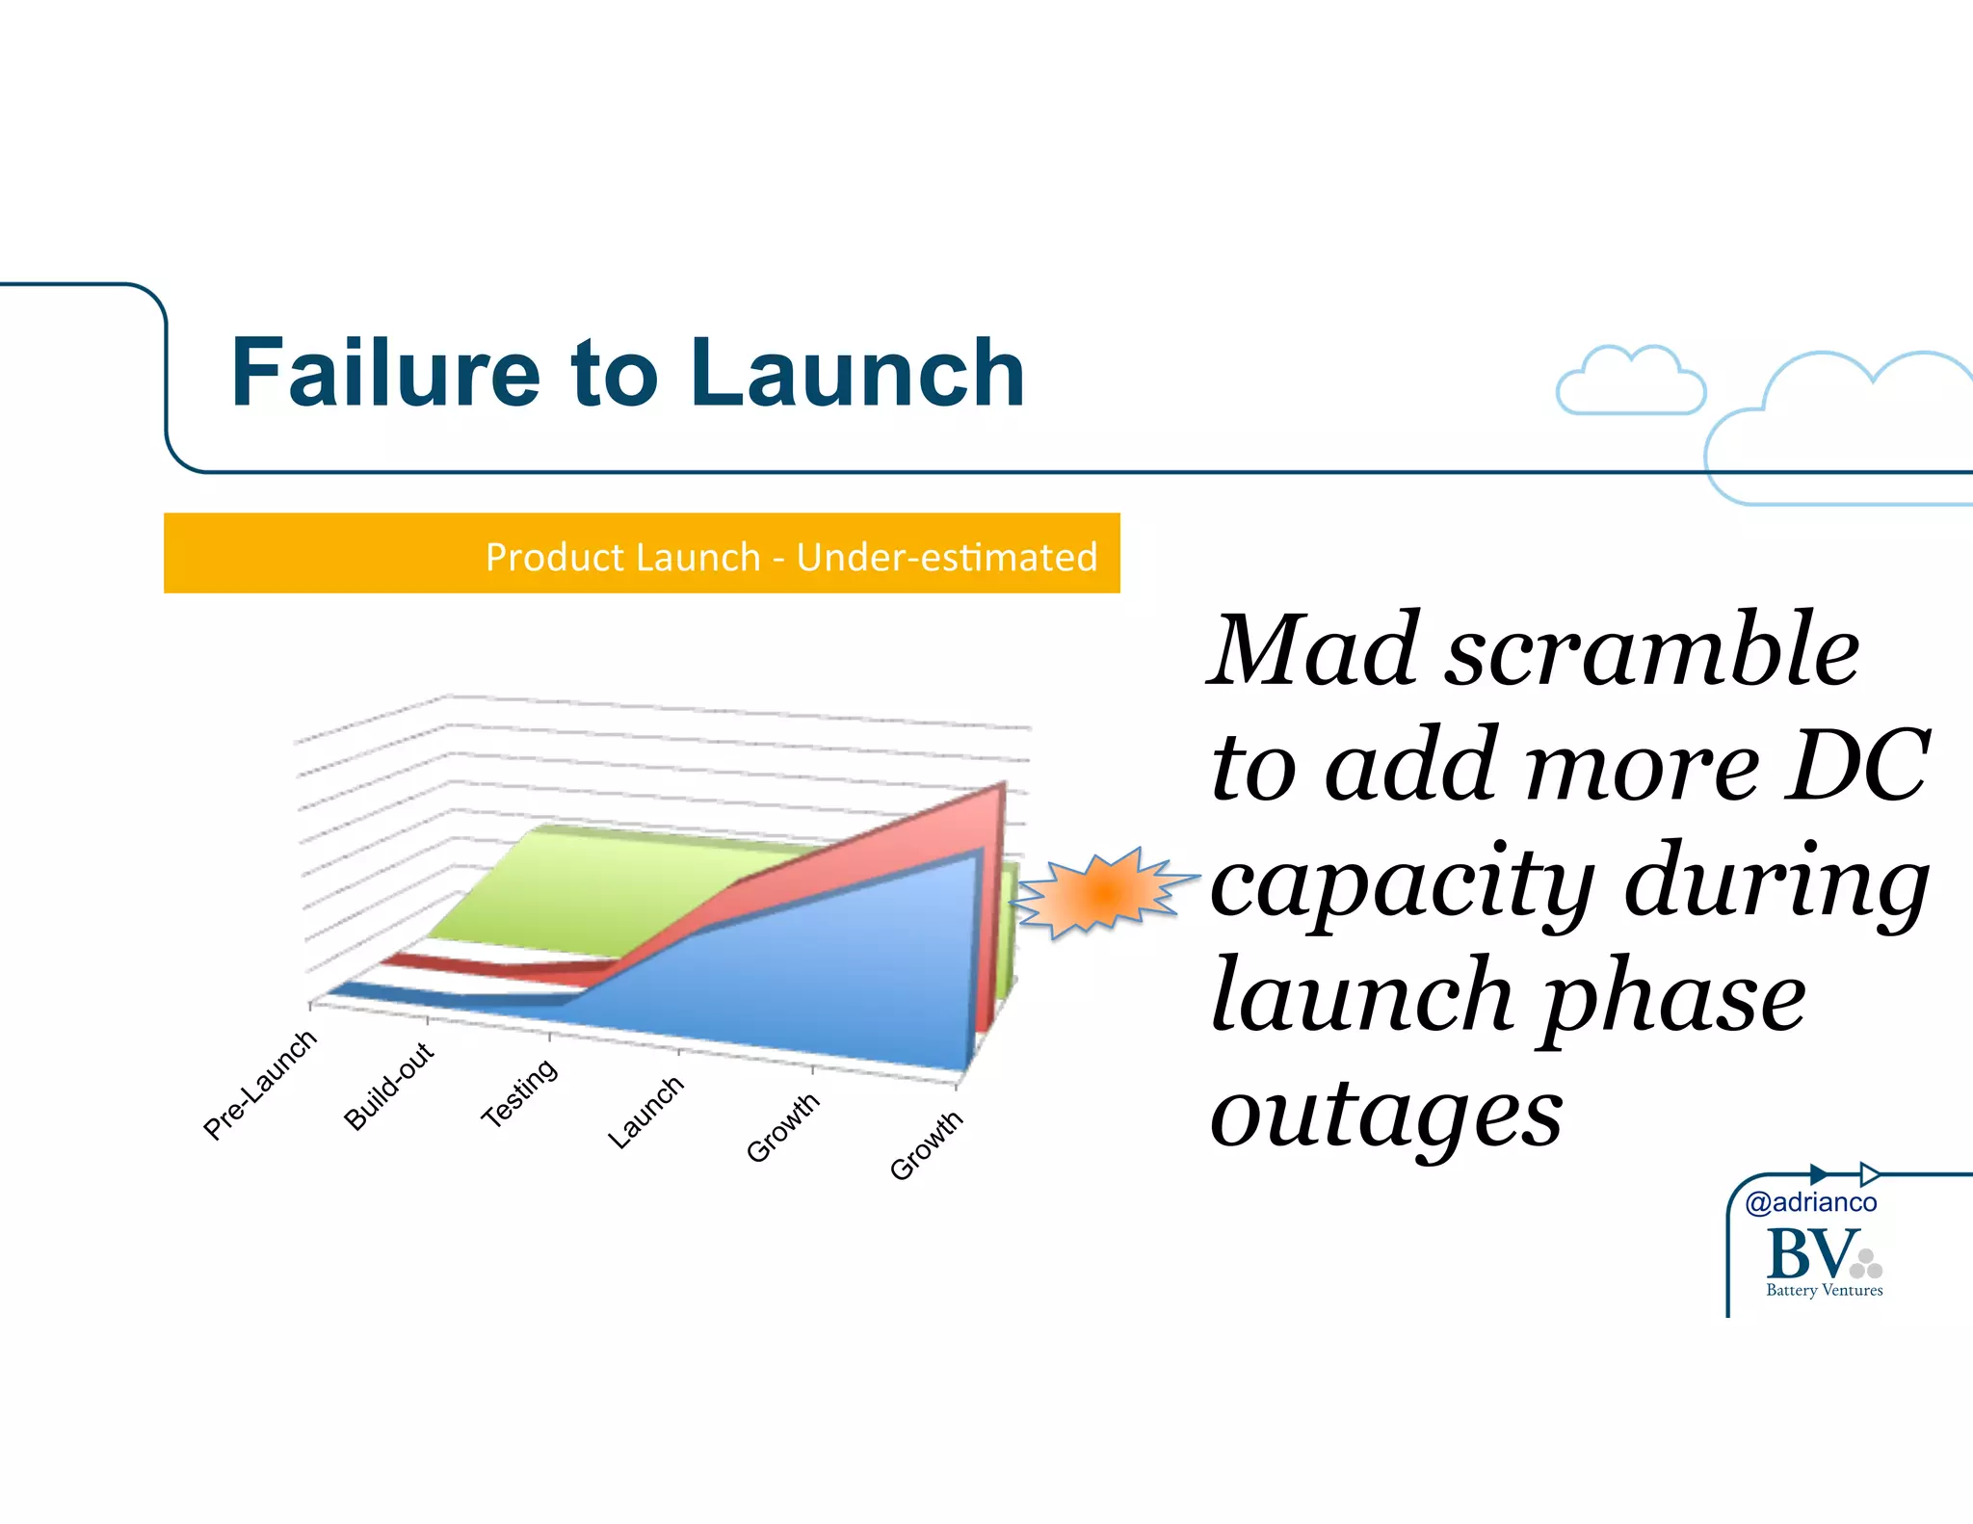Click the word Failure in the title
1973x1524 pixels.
385,373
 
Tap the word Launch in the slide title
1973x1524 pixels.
856,373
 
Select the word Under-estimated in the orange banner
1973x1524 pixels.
946,557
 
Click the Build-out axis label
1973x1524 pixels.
389,1085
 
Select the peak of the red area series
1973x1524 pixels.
1002,788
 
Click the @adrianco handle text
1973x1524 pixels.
1810,1202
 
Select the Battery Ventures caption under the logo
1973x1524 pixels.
1824,1290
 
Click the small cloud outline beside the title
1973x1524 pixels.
1630,383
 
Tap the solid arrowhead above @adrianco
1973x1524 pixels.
1818,1174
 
